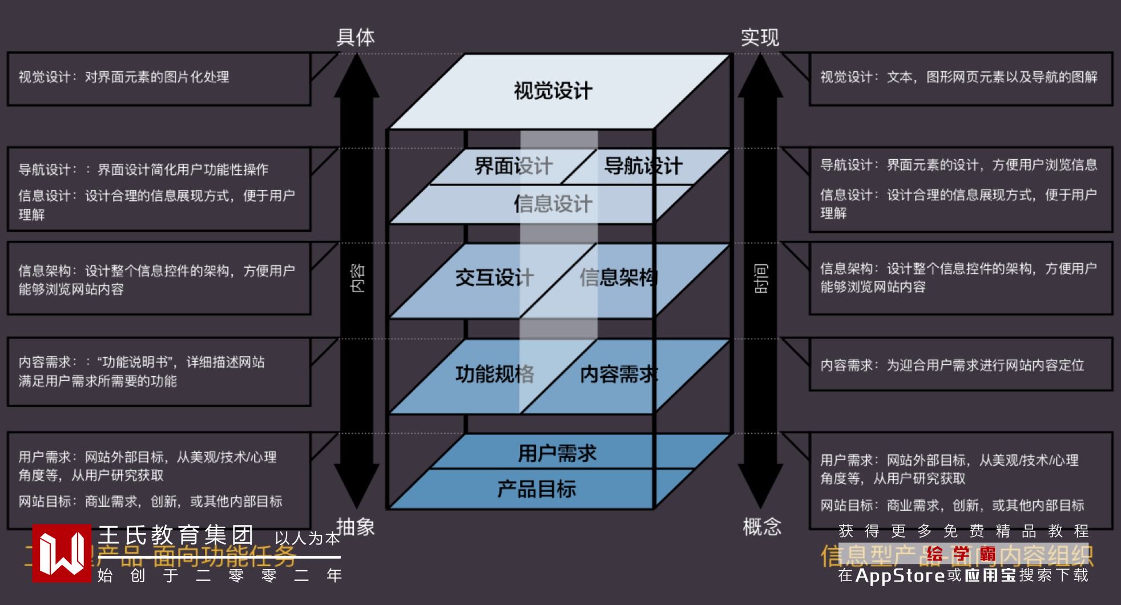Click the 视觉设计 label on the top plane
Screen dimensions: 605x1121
553,91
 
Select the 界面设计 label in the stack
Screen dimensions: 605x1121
513,166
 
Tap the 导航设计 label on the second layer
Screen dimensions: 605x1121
643,166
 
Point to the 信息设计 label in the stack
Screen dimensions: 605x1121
553,204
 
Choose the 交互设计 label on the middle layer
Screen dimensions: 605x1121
494,277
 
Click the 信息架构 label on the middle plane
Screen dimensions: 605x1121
619,277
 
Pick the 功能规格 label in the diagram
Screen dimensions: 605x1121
494,374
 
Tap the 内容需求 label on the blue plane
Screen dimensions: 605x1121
619,374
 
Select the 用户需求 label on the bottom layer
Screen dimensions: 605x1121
557,453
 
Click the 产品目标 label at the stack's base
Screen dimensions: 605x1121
537,489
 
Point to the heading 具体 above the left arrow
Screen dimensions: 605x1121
356,37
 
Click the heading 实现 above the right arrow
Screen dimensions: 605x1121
760,37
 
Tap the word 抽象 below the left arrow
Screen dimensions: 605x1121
356,526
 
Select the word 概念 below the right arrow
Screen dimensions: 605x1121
761,526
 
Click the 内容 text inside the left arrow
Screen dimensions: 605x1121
357,278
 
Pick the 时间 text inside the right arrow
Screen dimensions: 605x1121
761,278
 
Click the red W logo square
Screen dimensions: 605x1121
61,553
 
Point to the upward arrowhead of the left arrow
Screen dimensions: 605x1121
357,74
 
